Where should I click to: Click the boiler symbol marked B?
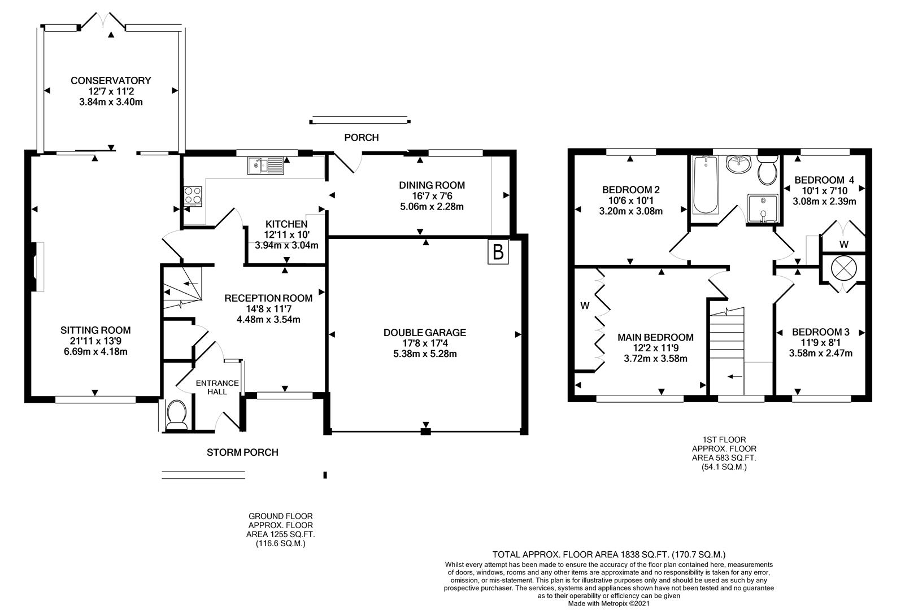[498, 252]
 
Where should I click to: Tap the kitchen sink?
[266, 165]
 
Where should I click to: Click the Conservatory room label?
[111, 81]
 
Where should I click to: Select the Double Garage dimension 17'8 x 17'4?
[424, 343]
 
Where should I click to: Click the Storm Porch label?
[242, 452]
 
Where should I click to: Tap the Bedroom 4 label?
[824, 180]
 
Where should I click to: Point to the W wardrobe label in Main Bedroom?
[585, 306]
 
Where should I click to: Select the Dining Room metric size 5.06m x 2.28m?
[432, 206]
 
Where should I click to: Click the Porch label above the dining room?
[361, 137]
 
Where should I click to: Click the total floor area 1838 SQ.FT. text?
[609, 555]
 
